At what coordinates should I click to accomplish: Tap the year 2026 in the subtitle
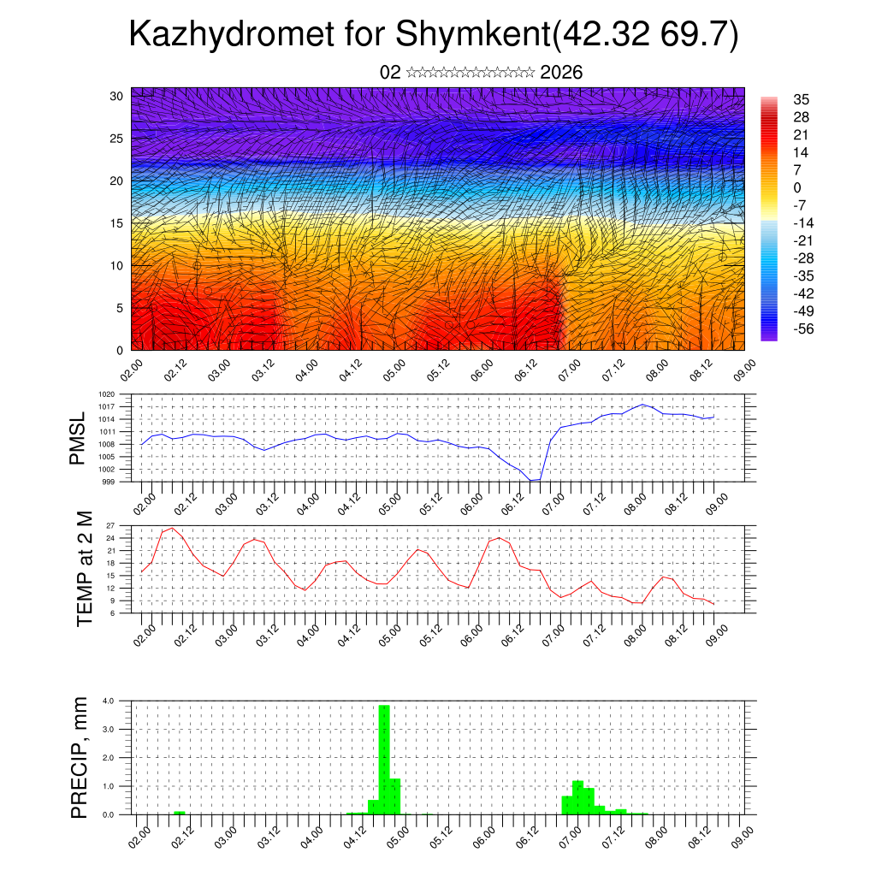tap(562, 73)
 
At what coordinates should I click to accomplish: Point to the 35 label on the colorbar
tap(801, 99)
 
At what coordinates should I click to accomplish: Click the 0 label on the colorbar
tap(797, 187)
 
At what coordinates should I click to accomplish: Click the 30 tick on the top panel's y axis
tap(116, 96)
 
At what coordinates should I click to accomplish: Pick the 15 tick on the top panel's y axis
tap(116, 223)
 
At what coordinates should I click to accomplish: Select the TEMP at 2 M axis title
tap(84, 569)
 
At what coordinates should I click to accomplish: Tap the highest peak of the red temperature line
tap(173, 528)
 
